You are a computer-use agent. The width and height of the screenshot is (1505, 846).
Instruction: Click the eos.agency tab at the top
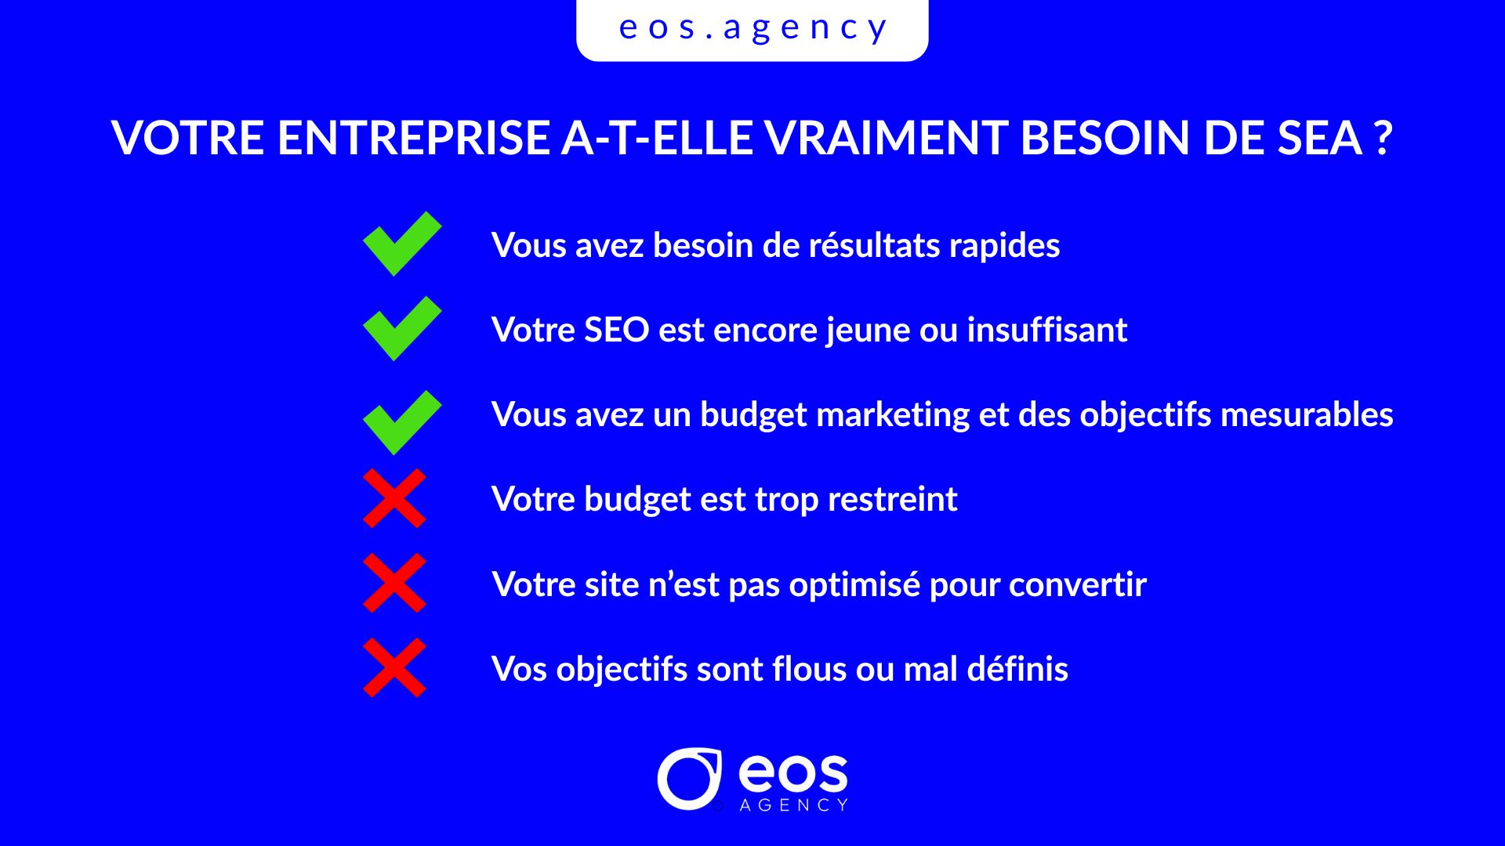tap(752, 29)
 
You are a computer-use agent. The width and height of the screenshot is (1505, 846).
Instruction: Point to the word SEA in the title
tap(1320, 138)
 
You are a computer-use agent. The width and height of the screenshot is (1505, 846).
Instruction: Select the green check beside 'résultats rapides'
tap(402, 244)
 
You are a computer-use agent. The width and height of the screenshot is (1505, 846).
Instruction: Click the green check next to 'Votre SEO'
tap(402, 328)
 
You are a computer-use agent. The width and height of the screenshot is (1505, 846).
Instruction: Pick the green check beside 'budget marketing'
tap(402, 422)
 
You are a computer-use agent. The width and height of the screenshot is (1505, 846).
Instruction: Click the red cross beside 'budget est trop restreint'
tap(394, 498)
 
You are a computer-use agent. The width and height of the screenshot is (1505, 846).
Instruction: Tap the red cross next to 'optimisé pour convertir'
tap(394, 583)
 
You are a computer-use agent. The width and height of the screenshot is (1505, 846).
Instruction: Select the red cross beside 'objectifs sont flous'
tap(394, 667)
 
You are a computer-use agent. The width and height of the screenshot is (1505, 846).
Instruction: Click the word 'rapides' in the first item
tap(1004, 247)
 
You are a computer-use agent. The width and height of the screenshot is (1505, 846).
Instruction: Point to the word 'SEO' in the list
tap(617, 330)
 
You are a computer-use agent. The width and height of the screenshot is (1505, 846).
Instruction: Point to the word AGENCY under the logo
tap(794, 805)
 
